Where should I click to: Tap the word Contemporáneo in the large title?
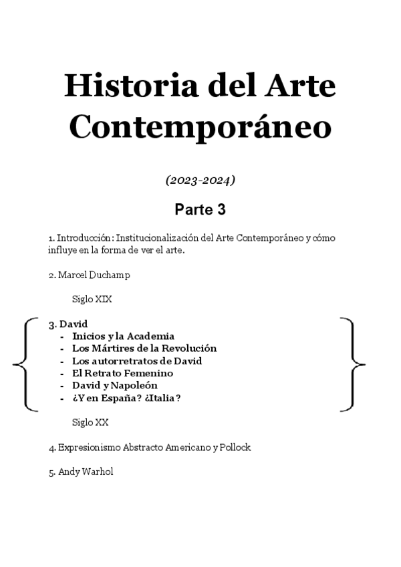[x=200, y=126]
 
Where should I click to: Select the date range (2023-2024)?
[x=200, y=181]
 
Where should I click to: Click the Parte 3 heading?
[x=200, y=210]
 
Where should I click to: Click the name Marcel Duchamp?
[x=90, y=275]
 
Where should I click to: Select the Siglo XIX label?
[x=92, y=300]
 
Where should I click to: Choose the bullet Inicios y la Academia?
[x=123, y=336]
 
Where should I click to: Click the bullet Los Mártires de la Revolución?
[x=144, y=348]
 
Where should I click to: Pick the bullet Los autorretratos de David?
[x=137, y=361]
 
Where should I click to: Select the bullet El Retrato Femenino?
[x=122, y=373]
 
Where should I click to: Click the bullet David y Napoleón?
[x=115, y=386]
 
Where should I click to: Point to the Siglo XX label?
[x=90, y=423]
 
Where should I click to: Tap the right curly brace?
[x=354, y=364]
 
